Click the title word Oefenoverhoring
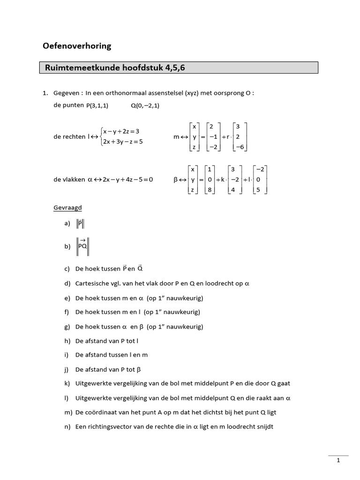(77, 46)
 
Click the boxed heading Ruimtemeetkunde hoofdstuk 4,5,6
(115, 68)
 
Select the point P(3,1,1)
(97, 105)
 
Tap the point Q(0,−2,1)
(145, 105)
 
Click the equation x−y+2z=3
(121, 131)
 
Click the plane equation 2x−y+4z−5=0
(120, 179)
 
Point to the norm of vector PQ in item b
(82, 246)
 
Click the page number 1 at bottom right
(338, 461)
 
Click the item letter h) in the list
(67, 341)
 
